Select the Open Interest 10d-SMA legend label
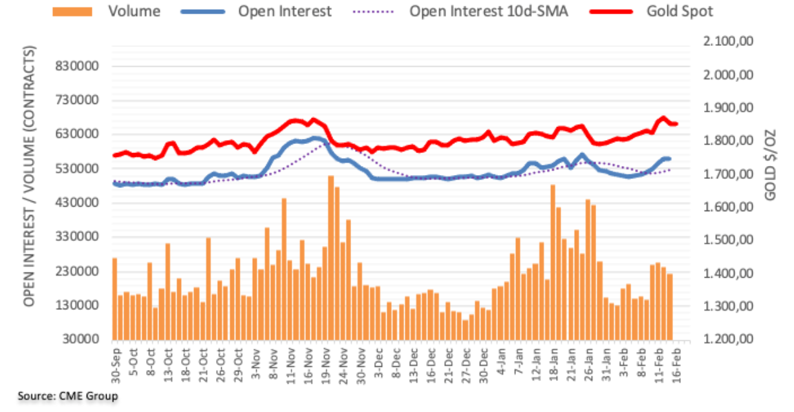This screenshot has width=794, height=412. click(x=489, y=11)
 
